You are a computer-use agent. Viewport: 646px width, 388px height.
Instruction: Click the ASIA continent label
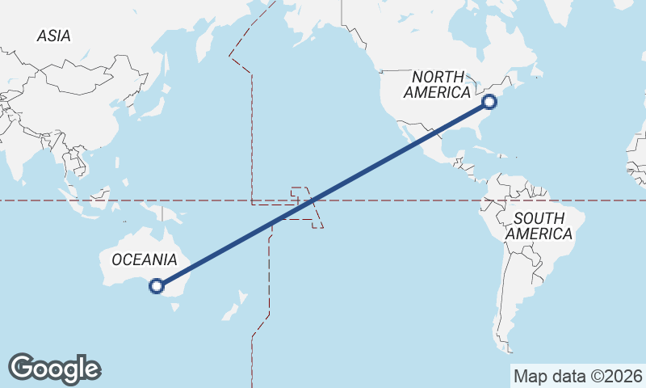pyautogui.click(x=54, y=36)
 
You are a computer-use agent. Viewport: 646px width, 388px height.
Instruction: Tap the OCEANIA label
pyautogui.click(x=144, y=259)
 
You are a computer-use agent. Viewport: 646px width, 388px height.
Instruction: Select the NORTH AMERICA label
pyautogui.click(x=437, y=84)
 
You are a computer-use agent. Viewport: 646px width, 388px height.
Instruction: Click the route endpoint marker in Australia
pyautogui.click(x=157, y=285)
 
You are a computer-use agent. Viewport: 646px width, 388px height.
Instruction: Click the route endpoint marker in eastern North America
pyautogui.click(x=489, y=102)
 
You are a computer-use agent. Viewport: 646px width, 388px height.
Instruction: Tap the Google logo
pyautogui.click(x=54, y=368)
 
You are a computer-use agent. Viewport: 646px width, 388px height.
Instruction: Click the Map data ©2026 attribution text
pyautogui.click(x=577, y=376)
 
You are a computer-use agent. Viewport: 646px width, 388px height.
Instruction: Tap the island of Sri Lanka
pyautogui.click(x=23, y=184)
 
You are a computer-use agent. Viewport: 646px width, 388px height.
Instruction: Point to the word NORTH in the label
pyautogui.click(x=437, y=76)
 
